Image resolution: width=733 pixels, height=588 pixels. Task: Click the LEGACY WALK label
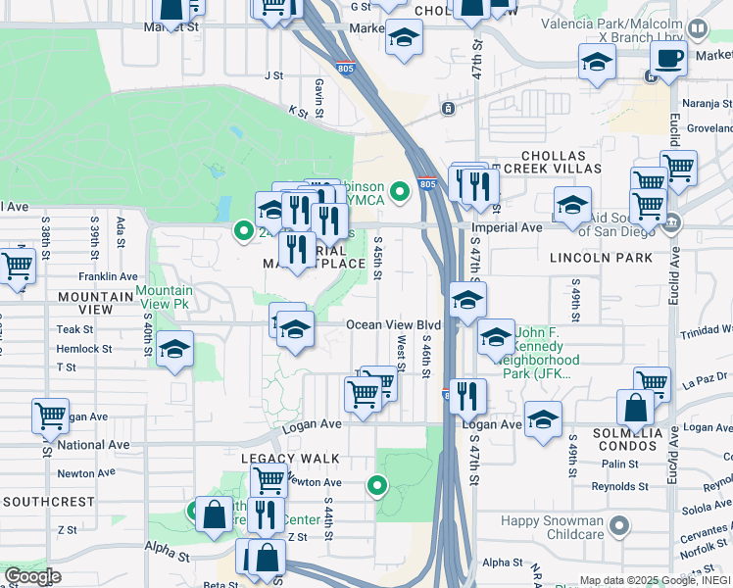click(290, 459)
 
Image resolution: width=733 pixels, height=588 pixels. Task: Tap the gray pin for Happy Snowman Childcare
click(618, 528)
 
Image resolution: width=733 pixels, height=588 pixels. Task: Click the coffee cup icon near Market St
click(668, 58)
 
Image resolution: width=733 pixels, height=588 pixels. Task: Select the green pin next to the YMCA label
click(400, 191)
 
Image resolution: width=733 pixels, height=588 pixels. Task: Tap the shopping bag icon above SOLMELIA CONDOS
click(635, 406)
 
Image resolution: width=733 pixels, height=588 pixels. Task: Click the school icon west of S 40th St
click(174, 350)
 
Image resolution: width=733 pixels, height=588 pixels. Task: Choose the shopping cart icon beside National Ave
click(50, 416)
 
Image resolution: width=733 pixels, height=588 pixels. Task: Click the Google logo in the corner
click(33, 575)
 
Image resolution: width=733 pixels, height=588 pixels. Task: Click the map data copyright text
click(654, 580)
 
